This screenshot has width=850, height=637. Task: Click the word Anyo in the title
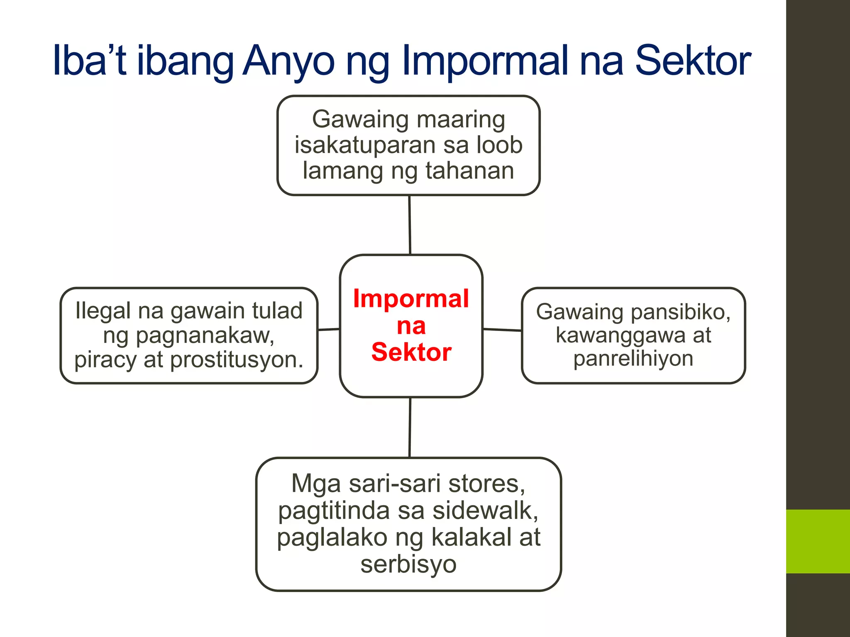pos(288,61)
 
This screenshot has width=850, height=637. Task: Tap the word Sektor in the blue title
pos(693,61)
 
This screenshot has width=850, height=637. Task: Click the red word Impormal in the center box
pos(411,299)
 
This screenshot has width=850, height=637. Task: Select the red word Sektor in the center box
pos(411,352)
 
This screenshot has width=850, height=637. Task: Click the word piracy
pos(105,360)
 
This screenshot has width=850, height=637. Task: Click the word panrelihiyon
pos(633,358)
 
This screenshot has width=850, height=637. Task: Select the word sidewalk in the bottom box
pos(486,511)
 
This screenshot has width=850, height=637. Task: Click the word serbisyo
pos(408,564)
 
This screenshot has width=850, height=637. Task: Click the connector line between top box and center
pos(410,225)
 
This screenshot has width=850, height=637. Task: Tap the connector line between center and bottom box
pos(410,427)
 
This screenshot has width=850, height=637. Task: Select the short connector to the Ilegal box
pos(329,330)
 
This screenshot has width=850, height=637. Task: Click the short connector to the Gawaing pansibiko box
pos(502,330)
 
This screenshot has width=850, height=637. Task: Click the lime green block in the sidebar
pos(818,541)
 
